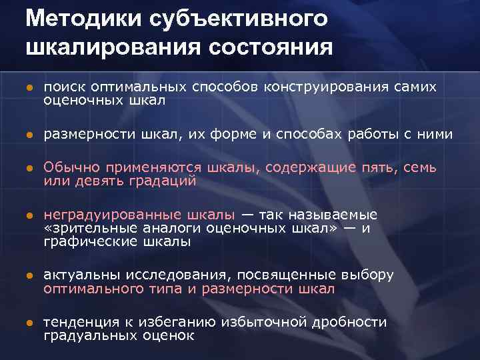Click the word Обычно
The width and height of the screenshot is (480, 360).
click(70, 168)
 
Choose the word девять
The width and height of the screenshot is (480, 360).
click(97, 181)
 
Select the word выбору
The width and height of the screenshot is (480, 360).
click(367, 275)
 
